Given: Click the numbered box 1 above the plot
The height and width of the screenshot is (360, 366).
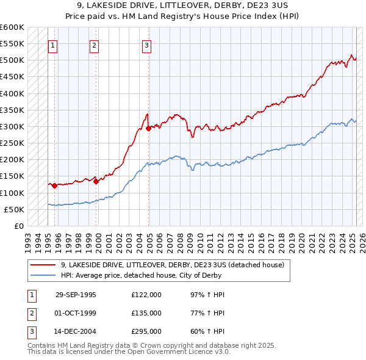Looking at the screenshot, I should point(53,45).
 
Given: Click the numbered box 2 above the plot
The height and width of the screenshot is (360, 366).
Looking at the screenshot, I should point(95,45).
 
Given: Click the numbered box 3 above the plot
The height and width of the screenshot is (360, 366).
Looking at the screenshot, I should point(148,45).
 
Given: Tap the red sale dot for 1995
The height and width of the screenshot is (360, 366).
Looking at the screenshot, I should point(55,185).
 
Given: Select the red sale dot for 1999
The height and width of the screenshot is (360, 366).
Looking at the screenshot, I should point(96,181).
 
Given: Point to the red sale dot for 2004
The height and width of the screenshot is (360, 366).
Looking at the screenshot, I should point(149,128).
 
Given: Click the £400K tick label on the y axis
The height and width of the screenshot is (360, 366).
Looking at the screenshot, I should point(12,94).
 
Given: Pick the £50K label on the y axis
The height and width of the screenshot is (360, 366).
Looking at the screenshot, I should point(14,210).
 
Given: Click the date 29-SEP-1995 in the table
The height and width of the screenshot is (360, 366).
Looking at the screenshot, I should point(76,295).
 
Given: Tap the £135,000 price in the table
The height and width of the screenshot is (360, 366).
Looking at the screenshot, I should point(146,313).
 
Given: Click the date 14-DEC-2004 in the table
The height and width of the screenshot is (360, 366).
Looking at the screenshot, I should point(76,332).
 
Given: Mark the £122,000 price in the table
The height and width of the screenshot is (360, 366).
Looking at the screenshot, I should point(146,295).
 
